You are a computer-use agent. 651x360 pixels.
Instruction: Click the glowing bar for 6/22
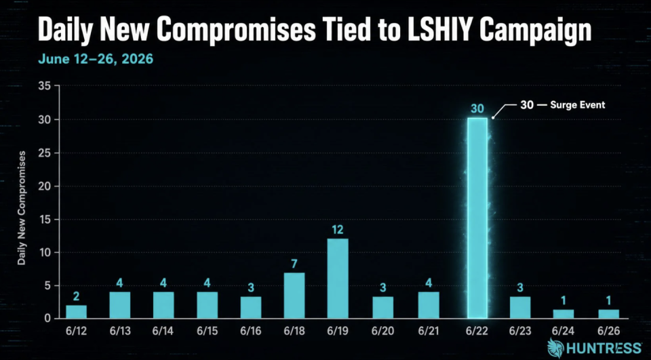pos(477,218)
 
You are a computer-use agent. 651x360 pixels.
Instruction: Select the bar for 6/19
pos(338,279)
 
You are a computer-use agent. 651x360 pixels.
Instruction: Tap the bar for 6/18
pos(294,296)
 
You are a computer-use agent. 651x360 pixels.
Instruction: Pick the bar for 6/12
pos(77,312)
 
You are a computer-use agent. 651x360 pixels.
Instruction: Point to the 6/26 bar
pos(609,314)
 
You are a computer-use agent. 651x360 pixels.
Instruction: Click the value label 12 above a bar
pos(338,230)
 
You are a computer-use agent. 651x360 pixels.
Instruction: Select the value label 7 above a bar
pos(294,264)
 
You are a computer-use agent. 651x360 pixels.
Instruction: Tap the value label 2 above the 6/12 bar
pos(76,296)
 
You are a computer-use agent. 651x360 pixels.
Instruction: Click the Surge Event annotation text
pos(578,105)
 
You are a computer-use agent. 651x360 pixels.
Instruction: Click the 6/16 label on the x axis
pos(250,332)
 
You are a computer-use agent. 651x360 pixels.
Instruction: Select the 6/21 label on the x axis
pos(429,332)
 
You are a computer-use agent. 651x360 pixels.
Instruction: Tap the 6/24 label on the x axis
pos(565,332)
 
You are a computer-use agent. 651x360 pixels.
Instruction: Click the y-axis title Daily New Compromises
pos(22,208)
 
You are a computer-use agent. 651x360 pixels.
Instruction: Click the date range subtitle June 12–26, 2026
pos(96,59)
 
